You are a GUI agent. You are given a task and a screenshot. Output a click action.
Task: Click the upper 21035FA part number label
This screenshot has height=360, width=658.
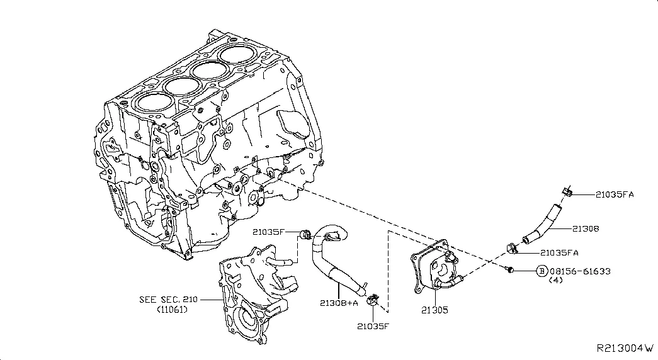[615, 194]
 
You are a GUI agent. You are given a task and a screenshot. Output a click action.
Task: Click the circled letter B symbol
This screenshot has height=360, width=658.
[541, 271]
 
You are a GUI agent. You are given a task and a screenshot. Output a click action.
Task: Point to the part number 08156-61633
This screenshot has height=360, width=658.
[579, 271]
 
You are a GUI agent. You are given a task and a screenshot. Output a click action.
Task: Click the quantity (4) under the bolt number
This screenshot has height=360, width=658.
[555, 281]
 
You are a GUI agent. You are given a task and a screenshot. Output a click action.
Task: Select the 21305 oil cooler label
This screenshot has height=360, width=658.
[436, 310]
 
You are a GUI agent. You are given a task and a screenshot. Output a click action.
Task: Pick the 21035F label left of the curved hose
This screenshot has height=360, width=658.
[270, 232]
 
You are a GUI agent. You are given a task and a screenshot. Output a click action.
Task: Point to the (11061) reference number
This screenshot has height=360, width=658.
[171, 310]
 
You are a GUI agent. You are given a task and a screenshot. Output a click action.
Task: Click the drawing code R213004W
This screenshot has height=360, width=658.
[625, 348]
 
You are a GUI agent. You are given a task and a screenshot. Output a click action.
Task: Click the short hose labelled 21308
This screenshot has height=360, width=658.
[543, 222]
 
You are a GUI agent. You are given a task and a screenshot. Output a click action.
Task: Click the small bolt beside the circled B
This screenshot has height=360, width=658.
[511, 270]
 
